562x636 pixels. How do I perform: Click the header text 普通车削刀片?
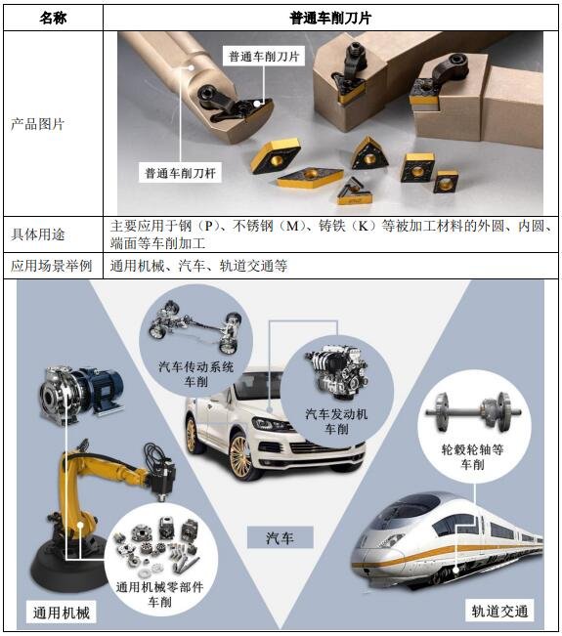(330, 19)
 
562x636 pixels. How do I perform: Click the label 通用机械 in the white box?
(61, 613)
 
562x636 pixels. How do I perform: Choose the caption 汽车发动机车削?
(336, 421)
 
